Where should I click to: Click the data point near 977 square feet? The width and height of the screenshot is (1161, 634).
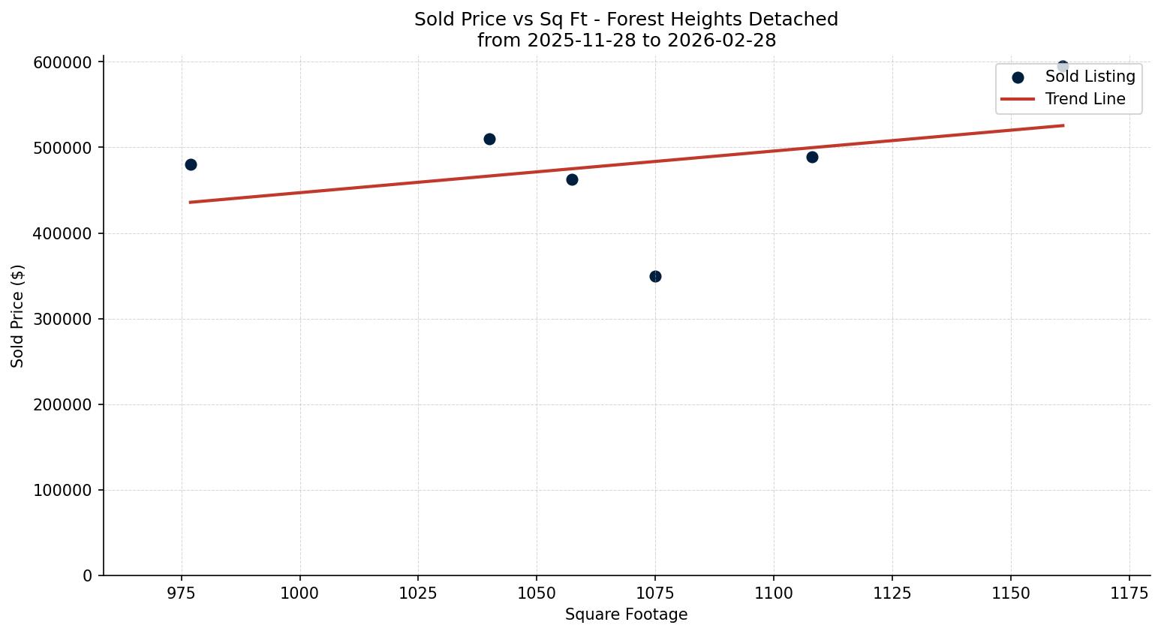[191, 164]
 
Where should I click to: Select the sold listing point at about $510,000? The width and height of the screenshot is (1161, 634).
[489, 139]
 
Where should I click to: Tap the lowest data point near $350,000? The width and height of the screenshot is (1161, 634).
[655, 276]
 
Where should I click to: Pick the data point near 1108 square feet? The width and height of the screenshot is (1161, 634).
[812, 157]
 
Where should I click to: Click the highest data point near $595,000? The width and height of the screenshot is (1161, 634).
[1063, 66]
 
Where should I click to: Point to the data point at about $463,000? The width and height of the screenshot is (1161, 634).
[572, 179]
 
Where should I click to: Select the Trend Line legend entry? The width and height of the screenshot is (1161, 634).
[1085, 99]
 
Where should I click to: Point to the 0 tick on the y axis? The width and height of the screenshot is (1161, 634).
[89, 575]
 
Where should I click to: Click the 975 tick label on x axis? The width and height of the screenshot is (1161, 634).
[181, 593]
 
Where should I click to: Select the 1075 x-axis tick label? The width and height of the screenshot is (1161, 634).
[655, 593]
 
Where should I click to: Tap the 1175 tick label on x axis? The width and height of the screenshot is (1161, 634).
[1129, 593]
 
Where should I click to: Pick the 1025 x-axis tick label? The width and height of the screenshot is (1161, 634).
[418, 593]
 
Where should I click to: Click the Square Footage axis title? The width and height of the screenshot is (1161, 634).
[626, 614]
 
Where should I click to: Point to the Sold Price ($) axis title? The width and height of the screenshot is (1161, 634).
[17, 316]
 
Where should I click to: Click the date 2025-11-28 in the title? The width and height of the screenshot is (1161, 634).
[576, 41]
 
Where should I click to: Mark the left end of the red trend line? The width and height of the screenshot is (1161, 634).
[191, 202]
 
